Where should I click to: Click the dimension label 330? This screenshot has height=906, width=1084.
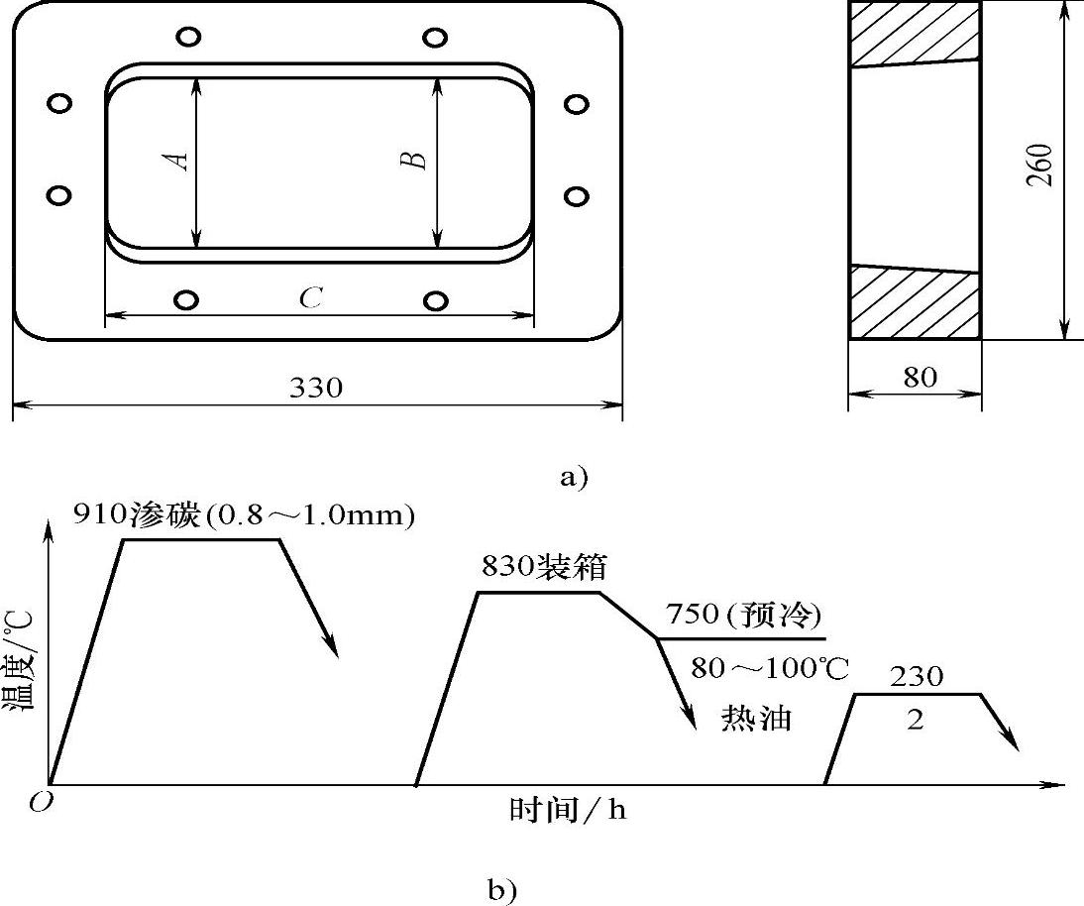tap(316, 388)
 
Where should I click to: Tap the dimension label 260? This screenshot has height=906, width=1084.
tap(1040, 166)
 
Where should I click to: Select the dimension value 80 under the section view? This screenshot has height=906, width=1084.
tap(921, 378)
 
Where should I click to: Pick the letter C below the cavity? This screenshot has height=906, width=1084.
tap(311, 298)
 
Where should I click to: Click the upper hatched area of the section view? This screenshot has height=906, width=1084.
tap(914, 35)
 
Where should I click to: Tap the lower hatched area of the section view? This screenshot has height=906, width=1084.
tap(914, 303)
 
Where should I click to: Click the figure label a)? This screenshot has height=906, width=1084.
tap(573, 477)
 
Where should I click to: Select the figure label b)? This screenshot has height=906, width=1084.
tap(502, 889)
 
